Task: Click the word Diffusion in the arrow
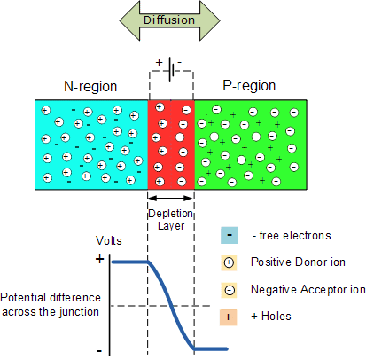pyautogui.click(x=170, y=20)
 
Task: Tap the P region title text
pyautogui.click(x=248, y=87)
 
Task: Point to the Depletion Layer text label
pyautogui.click(x=171, y=218)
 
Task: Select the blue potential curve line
pyautogui.click(x=166, y=301)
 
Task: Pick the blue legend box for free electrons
pyautogui.click(x=229, y=235)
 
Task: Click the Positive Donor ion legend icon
pyautogui.click(x=229, y=262)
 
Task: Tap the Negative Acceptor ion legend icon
pyautogui.click(x=229, y=289)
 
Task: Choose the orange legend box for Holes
pyautogui.click(x=229, y=317)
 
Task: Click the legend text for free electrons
pyautogui.click(x=292, y=235)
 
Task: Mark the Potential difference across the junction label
pyautogui.click(x=51, y=303)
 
